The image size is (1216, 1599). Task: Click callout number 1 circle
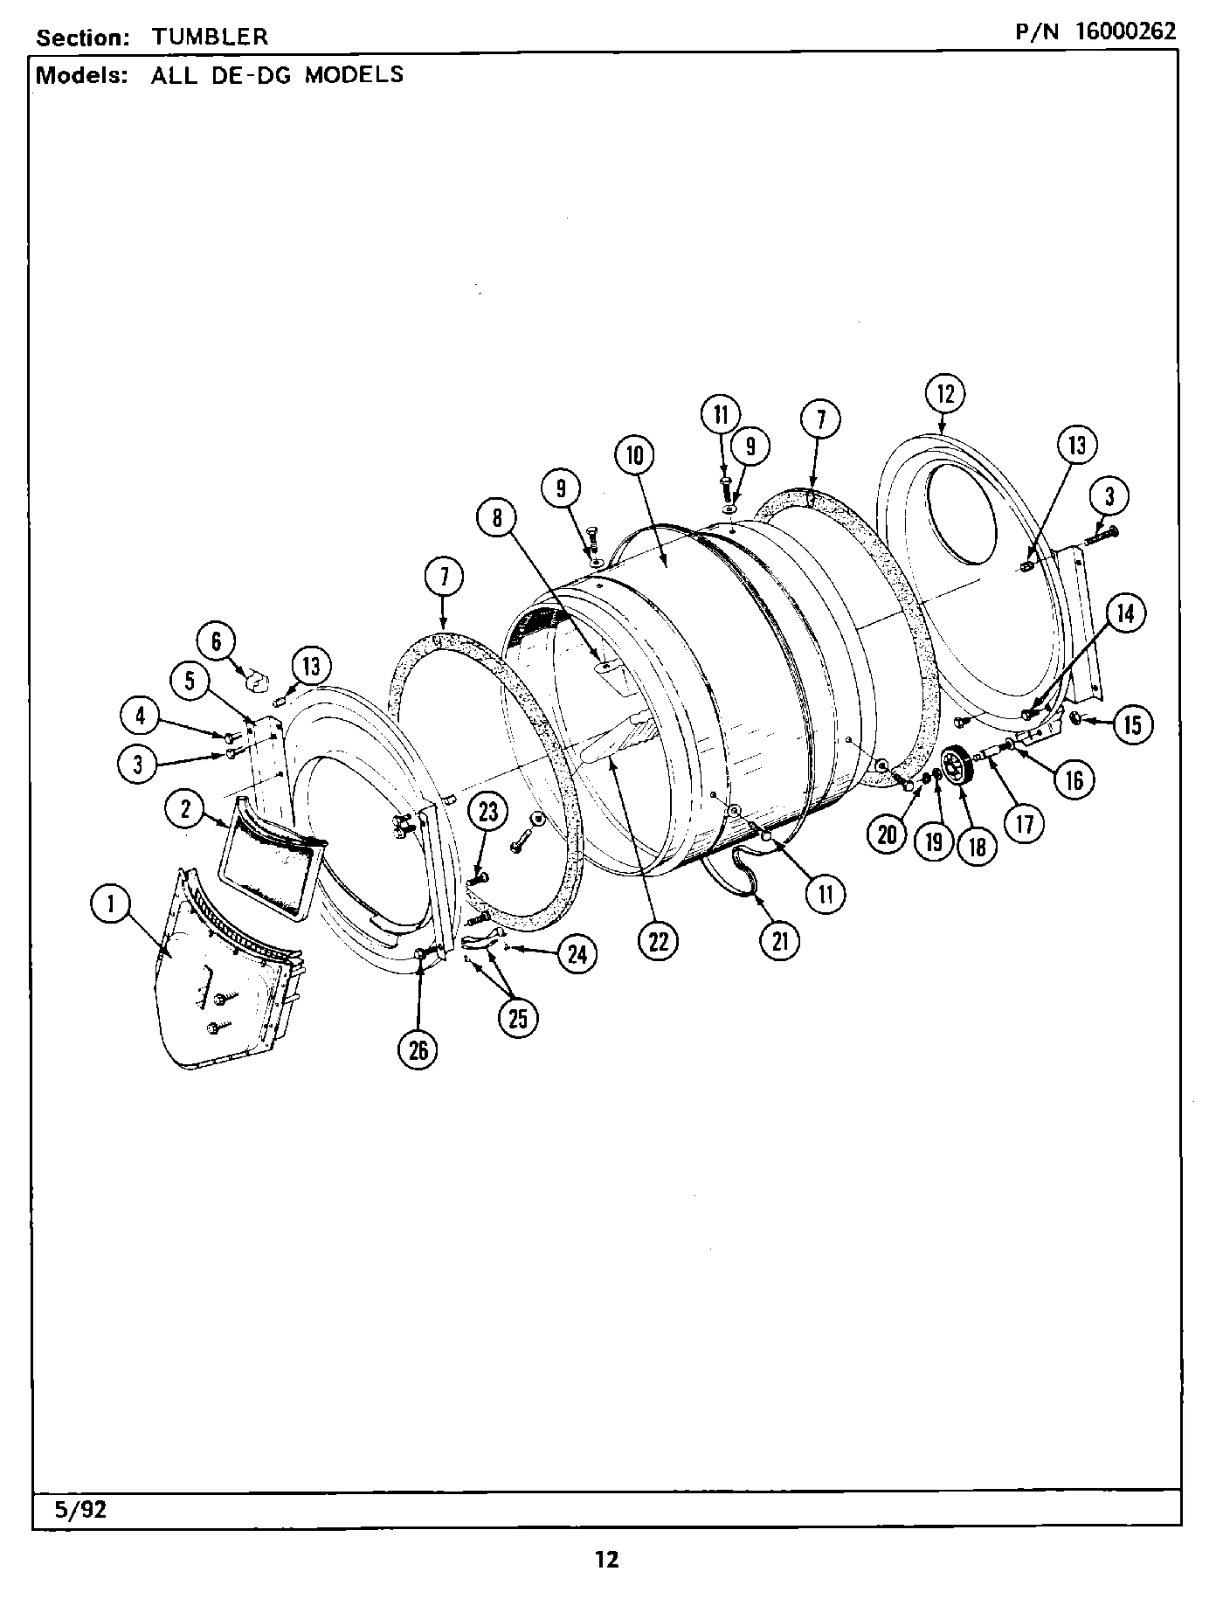coord(112,904)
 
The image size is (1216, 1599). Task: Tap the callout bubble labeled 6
coord(217,642)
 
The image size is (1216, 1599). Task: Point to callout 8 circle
coord(497,518)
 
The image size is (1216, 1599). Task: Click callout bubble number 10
coord(635,454)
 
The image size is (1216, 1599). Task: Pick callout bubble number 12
coord(946,394)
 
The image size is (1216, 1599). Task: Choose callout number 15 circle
coord(1132,724)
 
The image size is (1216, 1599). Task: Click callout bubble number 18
coord(977,845)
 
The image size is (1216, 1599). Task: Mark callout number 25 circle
coord(518,1018)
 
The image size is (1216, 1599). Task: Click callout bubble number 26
coord(418,1049)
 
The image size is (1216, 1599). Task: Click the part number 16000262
coord(1125,31)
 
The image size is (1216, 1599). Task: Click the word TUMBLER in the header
coord(210,37)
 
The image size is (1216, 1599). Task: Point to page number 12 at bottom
coord(606,1560)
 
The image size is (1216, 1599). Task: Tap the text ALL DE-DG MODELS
coord(277,75)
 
